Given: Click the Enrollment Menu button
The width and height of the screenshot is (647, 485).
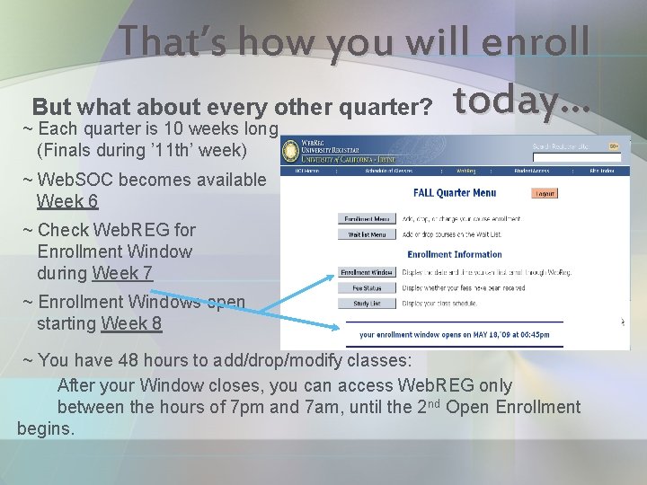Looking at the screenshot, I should pos(367,218).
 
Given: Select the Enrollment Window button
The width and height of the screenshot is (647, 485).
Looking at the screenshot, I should pos(367,272).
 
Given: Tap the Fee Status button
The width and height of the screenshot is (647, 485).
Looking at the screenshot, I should pos(367,288).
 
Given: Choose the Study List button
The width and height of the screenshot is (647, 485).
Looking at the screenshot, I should pos(367,304).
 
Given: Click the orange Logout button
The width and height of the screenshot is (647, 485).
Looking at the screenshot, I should pos(544,193).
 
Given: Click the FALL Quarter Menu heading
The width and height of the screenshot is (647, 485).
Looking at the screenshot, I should pos(454,193).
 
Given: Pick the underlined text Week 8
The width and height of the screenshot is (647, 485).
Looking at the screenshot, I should pos(131,323).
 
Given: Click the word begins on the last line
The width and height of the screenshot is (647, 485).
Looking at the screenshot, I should pos(45,429).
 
